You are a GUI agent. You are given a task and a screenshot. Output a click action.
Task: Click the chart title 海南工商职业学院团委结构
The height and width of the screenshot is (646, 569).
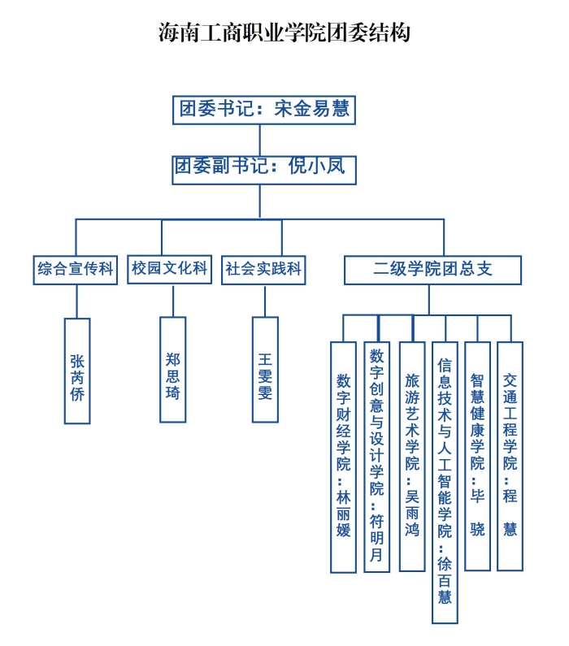point(284,33)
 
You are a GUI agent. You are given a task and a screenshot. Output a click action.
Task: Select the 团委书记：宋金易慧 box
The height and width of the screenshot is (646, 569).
point(264,110)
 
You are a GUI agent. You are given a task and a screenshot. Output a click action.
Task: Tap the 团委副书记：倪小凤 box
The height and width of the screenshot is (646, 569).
point(264,168)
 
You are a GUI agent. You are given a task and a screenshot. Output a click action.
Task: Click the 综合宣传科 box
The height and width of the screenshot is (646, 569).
point(76,269)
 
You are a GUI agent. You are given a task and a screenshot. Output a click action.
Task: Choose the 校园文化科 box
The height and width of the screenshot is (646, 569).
point(170,269)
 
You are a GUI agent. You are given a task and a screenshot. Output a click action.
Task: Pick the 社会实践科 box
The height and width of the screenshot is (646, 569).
point(263,269)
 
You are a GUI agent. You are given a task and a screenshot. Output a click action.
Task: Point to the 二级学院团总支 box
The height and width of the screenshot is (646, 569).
point(432,269)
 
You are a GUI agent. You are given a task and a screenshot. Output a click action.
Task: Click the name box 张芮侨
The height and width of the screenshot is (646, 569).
point(77,371)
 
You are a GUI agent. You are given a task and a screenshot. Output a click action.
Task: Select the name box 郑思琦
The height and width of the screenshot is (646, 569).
point(173,370)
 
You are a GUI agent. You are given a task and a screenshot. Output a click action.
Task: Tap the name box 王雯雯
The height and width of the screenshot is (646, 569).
point(265,370)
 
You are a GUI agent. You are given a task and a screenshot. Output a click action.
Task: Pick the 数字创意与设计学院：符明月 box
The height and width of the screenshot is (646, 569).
point(376,456)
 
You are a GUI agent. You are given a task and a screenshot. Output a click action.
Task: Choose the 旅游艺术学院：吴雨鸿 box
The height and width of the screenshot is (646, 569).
point(412,456)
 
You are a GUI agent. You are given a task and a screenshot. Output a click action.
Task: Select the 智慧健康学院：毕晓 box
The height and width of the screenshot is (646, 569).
point(477,456)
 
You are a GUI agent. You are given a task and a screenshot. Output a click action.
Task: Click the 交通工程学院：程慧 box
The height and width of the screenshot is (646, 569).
point(510,456)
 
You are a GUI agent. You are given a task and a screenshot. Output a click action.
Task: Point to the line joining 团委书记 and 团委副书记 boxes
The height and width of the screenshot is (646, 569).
point(260,139)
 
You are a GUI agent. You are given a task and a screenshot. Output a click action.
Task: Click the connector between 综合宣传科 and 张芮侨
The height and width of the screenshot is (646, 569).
point(76,301)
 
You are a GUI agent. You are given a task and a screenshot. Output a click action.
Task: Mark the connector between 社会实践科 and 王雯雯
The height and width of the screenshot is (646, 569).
point(265,300)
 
